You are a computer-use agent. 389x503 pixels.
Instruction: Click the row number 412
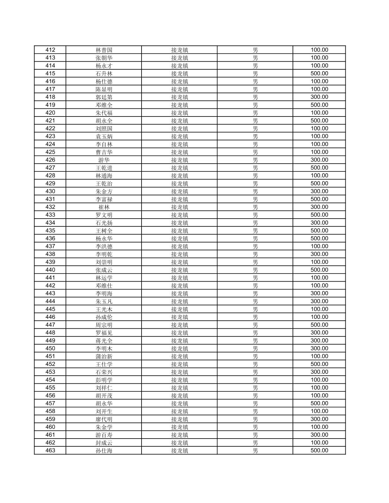point(50,50)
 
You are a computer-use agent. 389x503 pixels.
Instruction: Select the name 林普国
point(104,50)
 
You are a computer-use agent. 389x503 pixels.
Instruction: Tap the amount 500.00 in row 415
point(319,74)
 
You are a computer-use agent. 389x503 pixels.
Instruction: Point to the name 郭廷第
point(104,97)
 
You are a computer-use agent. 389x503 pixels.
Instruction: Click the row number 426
point(50,160)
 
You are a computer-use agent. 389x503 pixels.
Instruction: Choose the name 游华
point(104,160)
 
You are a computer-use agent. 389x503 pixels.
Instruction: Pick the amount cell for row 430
point(319,191)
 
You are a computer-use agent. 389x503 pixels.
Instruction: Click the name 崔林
point(104,207)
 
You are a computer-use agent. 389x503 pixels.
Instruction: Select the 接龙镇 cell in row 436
point(180,238)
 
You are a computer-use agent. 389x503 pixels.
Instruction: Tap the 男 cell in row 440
point(255,270)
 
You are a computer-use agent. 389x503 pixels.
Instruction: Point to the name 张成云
point(104,270)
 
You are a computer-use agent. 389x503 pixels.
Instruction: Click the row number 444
point(50,301)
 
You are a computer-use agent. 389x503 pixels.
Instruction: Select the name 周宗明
point(104,325)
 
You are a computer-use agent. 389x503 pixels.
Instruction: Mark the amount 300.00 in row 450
point(319,348)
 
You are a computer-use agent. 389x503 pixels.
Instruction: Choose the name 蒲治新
point(104,356)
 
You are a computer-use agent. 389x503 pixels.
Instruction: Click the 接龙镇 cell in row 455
point(180,388)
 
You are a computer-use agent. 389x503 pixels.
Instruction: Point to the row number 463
point(50,451)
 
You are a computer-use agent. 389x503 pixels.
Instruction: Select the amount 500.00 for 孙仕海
point(319,451)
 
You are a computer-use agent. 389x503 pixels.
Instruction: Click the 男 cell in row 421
point(255,121)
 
